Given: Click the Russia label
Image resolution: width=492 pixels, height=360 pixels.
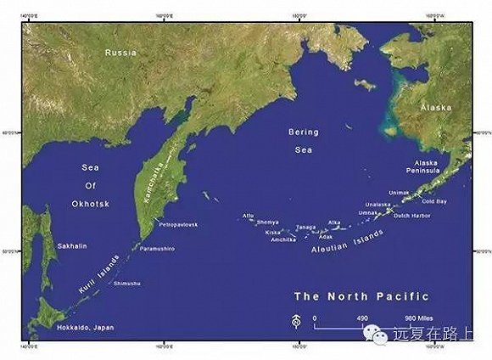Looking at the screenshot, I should [x=120, y=53].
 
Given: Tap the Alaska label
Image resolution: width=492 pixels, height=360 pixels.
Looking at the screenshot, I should [x=435, y=110].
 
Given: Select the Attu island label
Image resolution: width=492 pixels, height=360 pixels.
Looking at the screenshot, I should [x=249, y=216].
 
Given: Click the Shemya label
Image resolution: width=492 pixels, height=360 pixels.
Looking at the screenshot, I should [x=268, y=222].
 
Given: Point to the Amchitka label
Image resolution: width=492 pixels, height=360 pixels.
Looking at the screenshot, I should [x=283, y=239].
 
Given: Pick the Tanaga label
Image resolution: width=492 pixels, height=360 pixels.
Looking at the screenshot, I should [x=306, y=227].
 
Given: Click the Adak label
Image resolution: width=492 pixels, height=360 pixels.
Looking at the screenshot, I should [x=326, y=237].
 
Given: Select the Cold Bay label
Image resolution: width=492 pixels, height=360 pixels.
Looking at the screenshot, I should [x=433, y=201].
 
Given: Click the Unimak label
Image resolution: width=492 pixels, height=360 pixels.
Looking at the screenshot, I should [x=399, y=193].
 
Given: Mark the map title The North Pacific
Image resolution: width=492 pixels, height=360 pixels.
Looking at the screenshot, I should [x=361, y=296].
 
